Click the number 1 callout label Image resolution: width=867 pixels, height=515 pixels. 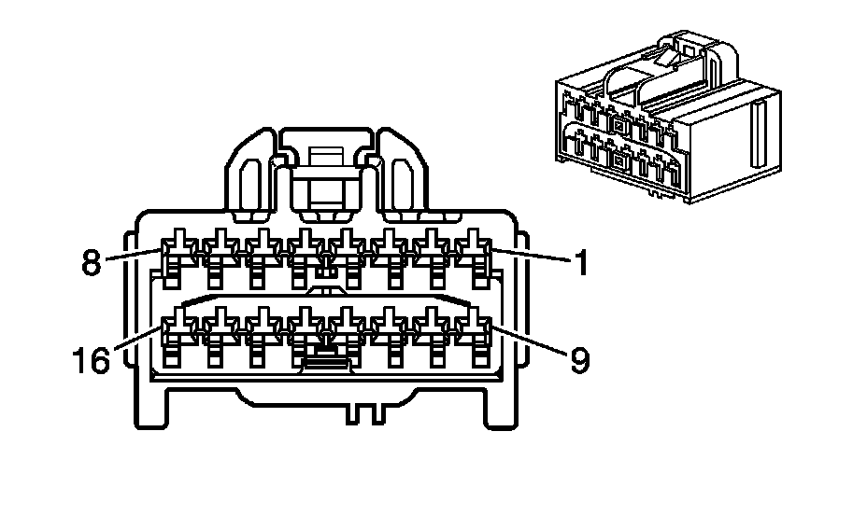(x=580, y=262)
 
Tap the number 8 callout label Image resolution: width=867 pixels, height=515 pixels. (x=92, y=262)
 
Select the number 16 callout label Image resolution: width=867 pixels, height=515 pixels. (x=92, y=360)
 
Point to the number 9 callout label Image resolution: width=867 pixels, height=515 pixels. (x=579, y=360)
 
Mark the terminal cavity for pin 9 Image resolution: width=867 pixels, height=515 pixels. (x=474, y=336)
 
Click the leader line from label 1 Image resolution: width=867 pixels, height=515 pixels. (x=531, y=255)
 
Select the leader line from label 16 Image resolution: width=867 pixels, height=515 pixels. (x=137, y=339)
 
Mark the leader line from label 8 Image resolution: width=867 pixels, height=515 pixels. (x=134, y=255)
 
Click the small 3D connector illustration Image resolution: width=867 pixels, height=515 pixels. (x=668, y=117)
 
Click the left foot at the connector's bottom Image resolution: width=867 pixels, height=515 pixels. (x=150, y=408)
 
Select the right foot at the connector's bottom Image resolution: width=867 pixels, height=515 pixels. (x=502, y=408)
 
